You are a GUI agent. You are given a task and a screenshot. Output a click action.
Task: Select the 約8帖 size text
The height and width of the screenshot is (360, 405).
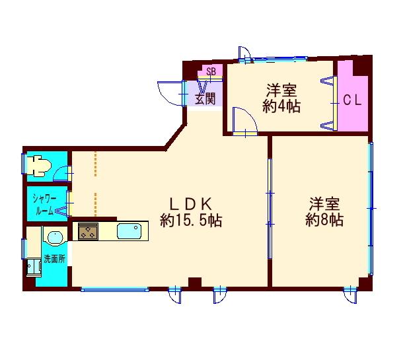coord(324,221)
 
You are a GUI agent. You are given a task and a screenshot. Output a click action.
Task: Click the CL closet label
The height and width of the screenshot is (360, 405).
coord(351,101)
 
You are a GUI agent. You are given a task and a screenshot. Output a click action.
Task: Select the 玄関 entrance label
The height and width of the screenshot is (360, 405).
coord(205,100)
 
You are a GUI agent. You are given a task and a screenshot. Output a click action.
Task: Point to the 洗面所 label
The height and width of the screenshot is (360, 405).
coord(54,258)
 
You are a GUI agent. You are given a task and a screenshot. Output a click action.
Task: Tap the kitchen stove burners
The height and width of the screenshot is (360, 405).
coord(88,231)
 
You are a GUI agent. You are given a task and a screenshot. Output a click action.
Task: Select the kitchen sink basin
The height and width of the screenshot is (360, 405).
coord(129,232)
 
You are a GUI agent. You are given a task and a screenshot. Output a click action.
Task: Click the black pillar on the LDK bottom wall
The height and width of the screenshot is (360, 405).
coord(194,283)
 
